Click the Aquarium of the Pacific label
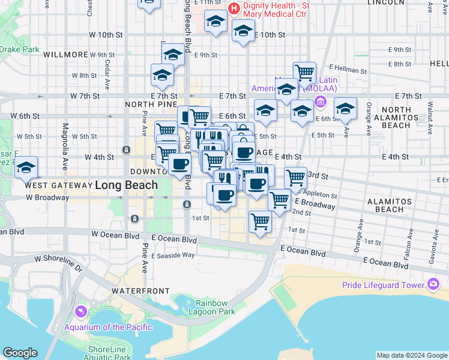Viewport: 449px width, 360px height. [x=109, y=327]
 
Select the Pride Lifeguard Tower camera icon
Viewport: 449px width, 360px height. [x=434, y=284]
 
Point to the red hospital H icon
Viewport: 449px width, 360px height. [x=234, y=9]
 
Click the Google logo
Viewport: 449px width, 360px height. [x=20, y=353]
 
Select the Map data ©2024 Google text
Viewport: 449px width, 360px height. [x=411, y=355]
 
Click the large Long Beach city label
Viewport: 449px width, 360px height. [x=127, y=185]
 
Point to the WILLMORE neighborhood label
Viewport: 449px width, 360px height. [x=66, y=54]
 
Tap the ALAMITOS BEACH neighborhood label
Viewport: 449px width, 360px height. [x=390, y=205]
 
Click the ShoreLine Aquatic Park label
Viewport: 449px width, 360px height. [x=109, y=353]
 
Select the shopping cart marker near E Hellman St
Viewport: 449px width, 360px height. [x=305, y=73]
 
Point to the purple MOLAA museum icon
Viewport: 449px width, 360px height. [x=320, y=102]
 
